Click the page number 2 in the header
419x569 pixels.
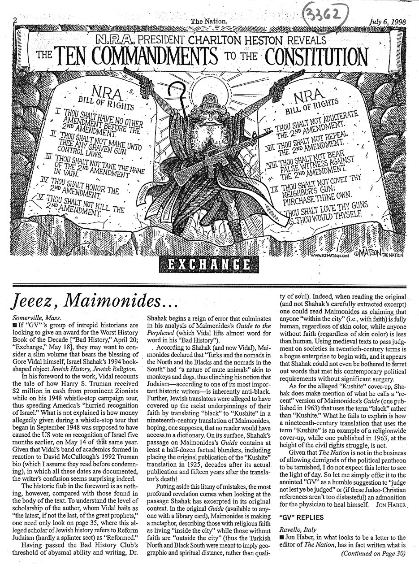pos(15,20)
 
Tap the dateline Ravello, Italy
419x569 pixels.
pos(295,538)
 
